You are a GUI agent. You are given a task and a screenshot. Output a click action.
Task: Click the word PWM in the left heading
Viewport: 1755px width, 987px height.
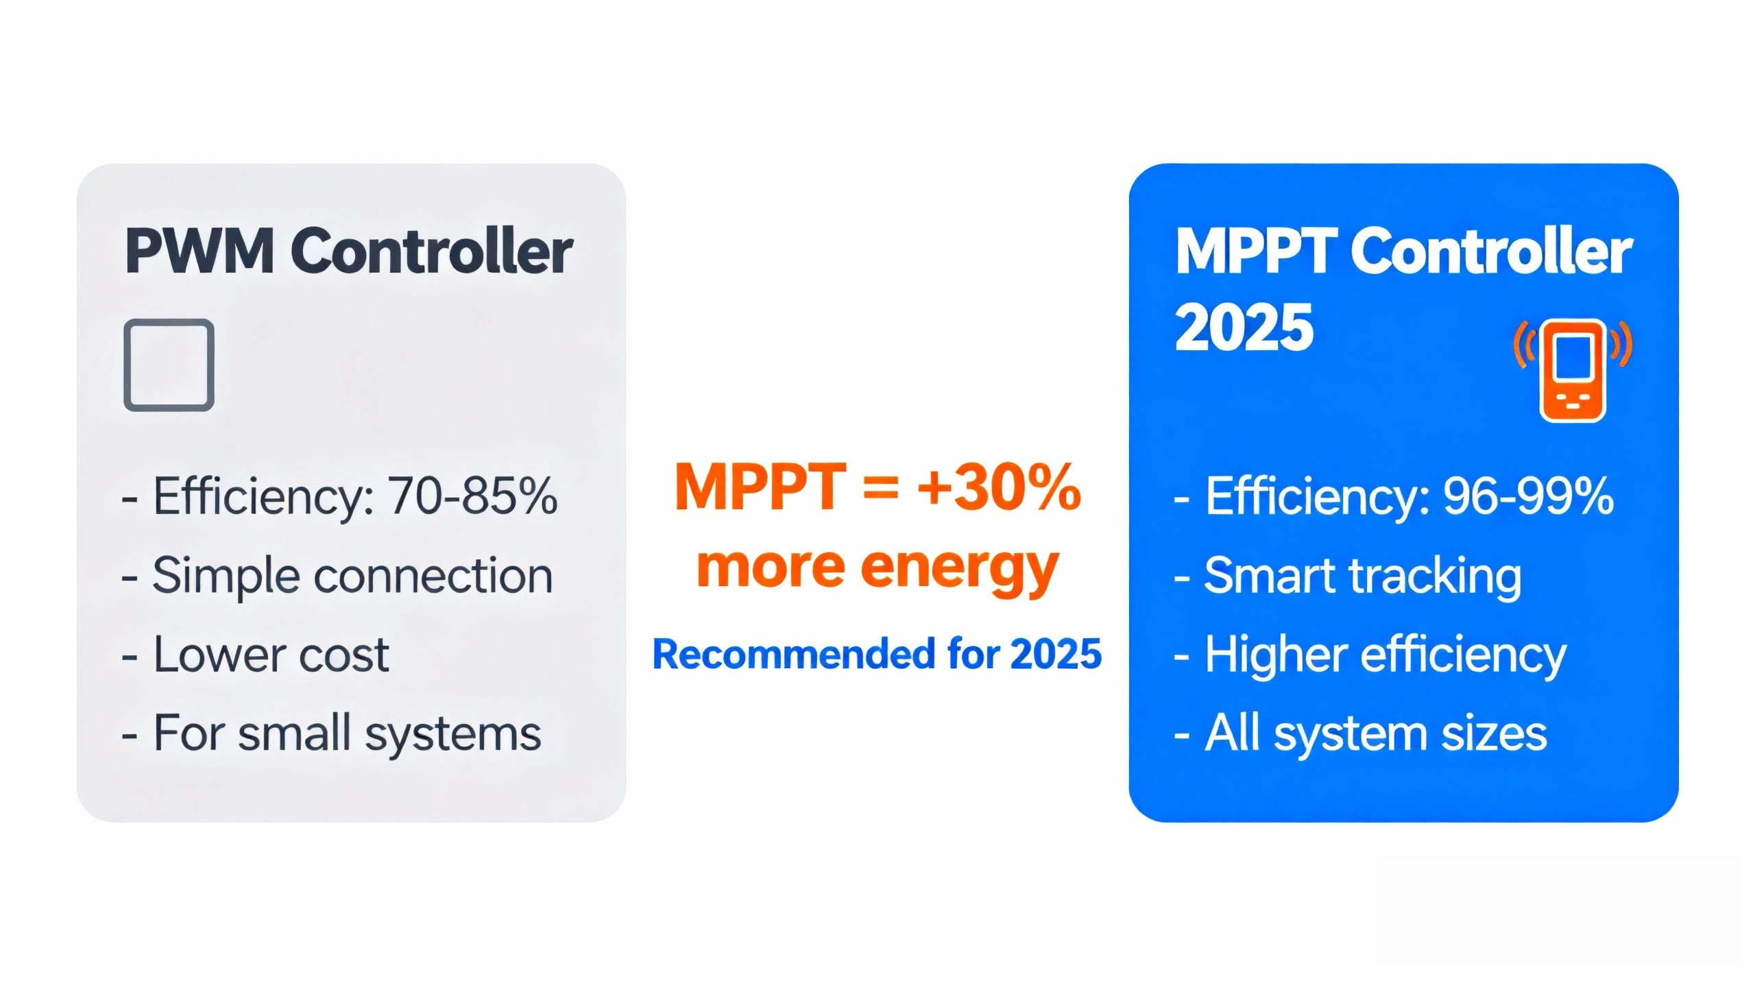coord(199,252)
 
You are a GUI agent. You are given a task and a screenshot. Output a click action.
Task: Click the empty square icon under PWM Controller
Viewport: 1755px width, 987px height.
coord(169,365)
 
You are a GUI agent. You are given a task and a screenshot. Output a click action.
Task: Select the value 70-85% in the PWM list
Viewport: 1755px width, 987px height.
coord(472,496)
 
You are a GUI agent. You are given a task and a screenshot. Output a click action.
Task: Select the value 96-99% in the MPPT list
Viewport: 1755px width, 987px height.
coord(1528,496)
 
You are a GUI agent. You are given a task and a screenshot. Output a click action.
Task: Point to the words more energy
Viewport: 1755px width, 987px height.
coord(877,568)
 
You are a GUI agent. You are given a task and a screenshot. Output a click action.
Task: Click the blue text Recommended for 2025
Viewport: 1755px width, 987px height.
coord(877,654)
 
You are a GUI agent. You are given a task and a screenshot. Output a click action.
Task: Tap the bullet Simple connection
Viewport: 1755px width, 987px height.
coord(352,576)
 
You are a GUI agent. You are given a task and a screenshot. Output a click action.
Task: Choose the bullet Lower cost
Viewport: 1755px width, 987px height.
coord(271,655)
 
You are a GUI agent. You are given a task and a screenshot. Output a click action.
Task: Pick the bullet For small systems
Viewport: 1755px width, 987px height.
coord(347,733)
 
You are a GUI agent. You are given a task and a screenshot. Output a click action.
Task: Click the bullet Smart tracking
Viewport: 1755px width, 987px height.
coord(1362,576)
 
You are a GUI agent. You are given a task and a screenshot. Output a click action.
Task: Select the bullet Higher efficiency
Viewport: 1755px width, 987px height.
coord(1385,655)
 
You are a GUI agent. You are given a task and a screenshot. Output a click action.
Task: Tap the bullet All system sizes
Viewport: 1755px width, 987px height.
coord(1375,733)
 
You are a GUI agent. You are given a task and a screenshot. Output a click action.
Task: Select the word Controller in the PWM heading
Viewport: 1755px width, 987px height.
coord(432,252)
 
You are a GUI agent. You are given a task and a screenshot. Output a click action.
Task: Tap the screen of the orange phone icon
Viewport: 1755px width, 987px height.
coord(1573,357)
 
